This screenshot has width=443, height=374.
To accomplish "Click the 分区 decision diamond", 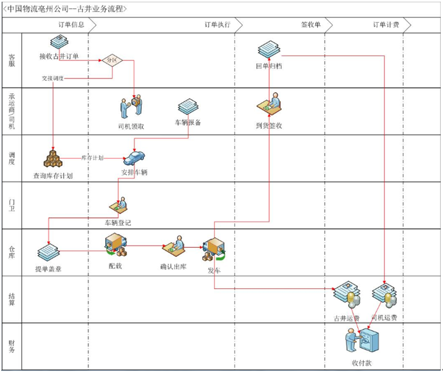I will (111, 60).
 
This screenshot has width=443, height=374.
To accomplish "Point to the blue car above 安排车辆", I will (134, 158).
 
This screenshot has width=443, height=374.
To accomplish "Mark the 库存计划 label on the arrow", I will (92, 158).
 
